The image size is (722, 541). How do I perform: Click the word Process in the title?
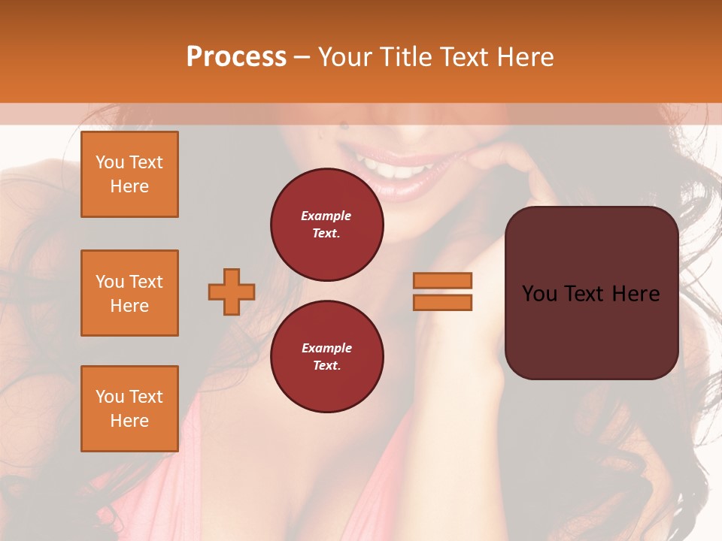click(236, 57)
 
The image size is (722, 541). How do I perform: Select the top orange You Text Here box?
click(129, 174)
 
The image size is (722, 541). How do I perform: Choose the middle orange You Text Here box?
click(129, 293)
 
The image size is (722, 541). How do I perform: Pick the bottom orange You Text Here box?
click(129, 409)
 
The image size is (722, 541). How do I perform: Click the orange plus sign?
click(232, 292)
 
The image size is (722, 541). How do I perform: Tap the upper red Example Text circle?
click(327, 225)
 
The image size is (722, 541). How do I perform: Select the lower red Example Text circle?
click(327, 357)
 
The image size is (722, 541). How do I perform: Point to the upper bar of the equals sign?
click(442, 280)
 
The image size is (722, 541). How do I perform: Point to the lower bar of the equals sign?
click(442, 302)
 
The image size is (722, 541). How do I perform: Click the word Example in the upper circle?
click(326, 216)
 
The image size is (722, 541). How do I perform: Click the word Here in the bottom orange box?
click(129, 421)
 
